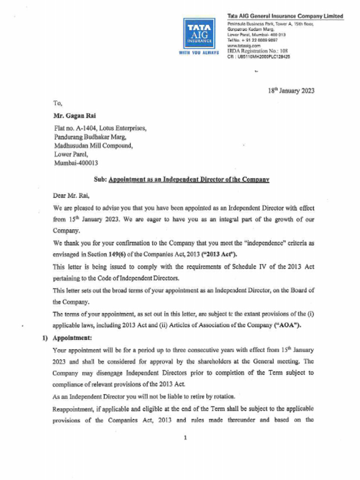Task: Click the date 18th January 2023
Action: point(291,91)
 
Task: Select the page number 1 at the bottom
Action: point(186,438)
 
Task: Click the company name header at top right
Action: point(285,16)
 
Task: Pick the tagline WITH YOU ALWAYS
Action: point(199,52)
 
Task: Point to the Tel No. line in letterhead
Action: point(249,41)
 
